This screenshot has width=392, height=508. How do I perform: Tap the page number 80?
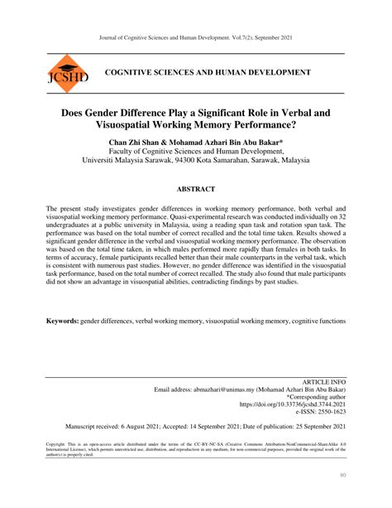[x=342, y=475]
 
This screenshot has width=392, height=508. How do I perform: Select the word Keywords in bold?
[x=62, y=320]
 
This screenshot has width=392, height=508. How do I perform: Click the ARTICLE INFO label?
[x=323, y=379]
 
